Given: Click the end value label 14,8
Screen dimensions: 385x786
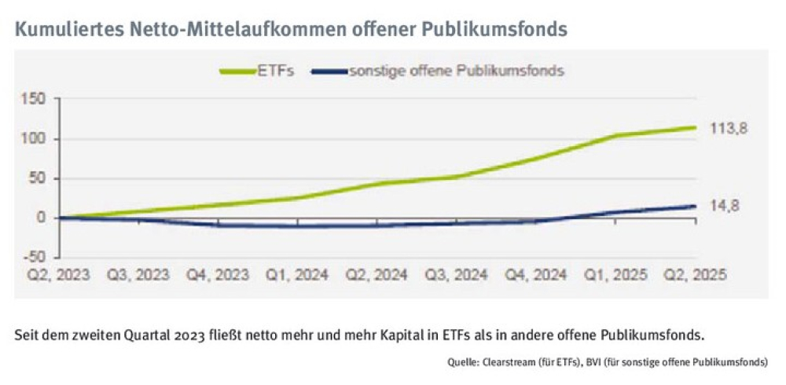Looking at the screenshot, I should pyautogui.click(x=724, y=206).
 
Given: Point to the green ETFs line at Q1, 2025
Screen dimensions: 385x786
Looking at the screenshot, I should pyautogui.click(x=615, y=136).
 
